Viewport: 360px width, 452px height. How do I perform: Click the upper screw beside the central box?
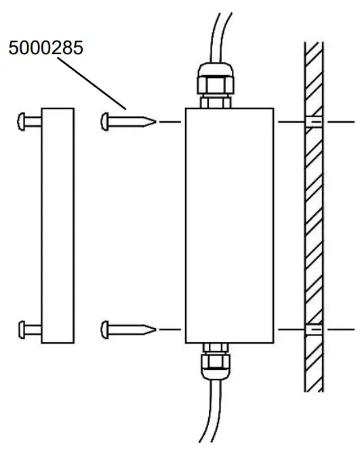(127, 122)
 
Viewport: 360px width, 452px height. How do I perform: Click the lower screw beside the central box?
(127, 330)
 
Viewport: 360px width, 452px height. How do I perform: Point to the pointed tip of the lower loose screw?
(155, 330)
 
